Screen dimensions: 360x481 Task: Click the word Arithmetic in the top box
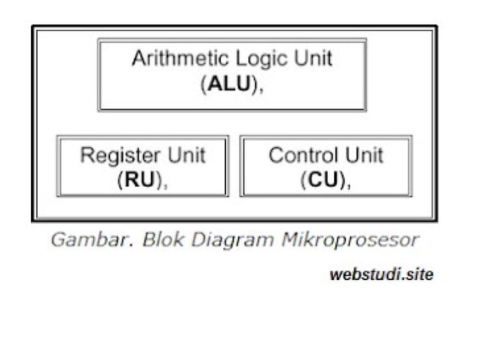[171, 59]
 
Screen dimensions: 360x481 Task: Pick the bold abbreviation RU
[139, 180]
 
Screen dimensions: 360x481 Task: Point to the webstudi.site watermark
[381, 275]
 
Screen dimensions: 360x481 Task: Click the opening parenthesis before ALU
[204, 84]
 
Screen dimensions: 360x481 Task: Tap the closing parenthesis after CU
[343, 181]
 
